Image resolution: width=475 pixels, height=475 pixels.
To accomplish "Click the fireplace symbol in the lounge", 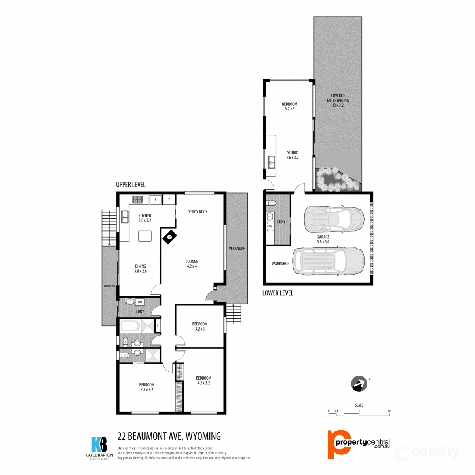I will point(169,237).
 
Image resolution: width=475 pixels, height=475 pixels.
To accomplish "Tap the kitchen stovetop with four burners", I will point(137,199).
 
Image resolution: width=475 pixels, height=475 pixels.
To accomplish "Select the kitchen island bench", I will point(144,236).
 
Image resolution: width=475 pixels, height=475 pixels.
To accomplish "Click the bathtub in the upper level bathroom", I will point(130,326).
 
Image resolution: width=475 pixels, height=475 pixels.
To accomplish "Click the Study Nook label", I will point(198,211).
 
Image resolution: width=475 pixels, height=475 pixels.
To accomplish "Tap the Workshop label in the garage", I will point(280,263).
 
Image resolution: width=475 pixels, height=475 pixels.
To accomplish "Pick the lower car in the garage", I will point(328,261).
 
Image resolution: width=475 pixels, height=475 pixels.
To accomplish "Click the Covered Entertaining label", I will point(338,98).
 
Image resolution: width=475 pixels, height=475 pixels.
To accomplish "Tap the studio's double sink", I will point(272,162).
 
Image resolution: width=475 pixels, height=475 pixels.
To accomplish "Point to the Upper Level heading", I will point(131,185).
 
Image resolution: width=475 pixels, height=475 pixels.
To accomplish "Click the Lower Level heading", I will point(277,293).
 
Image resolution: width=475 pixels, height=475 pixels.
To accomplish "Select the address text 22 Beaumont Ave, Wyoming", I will point(169,436).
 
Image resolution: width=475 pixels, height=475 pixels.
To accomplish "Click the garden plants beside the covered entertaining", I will point(336,179).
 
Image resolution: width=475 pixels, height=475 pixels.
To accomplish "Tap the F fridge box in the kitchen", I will point(155,199).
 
